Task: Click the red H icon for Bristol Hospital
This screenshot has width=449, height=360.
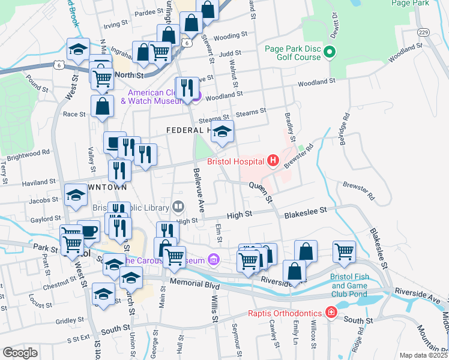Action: [x=273, y=161]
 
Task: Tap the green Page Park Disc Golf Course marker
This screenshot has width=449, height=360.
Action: [x=329, y=53]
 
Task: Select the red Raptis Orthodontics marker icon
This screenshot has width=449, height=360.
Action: [x=330, y=312]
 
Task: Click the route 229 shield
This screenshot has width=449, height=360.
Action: [x=423, y=32]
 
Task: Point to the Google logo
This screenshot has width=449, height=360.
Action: [x=20, y=352]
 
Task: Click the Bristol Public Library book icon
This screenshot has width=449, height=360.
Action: [x=178, y=207]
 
